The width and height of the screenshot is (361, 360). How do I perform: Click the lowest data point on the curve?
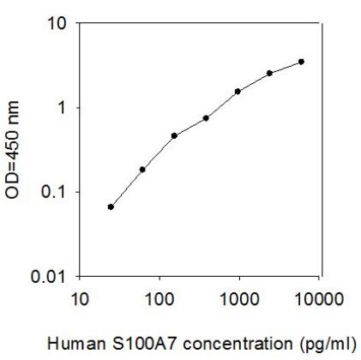click(x=111, y=207)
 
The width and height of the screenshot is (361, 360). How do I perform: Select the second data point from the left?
click(x=142, y=170)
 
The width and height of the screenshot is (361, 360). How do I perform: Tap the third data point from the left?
click(x=174, y=135)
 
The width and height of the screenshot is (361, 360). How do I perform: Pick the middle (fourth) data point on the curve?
click(x=206, y=118)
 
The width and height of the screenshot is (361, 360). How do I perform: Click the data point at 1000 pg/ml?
click(x=238, y=91)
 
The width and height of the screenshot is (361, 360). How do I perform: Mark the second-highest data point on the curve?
click(x=269, y=73)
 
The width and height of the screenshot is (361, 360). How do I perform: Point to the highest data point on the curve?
click(x=301, y=62)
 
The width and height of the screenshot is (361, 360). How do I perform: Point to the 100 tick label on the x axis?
click(x=159, y=298)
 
